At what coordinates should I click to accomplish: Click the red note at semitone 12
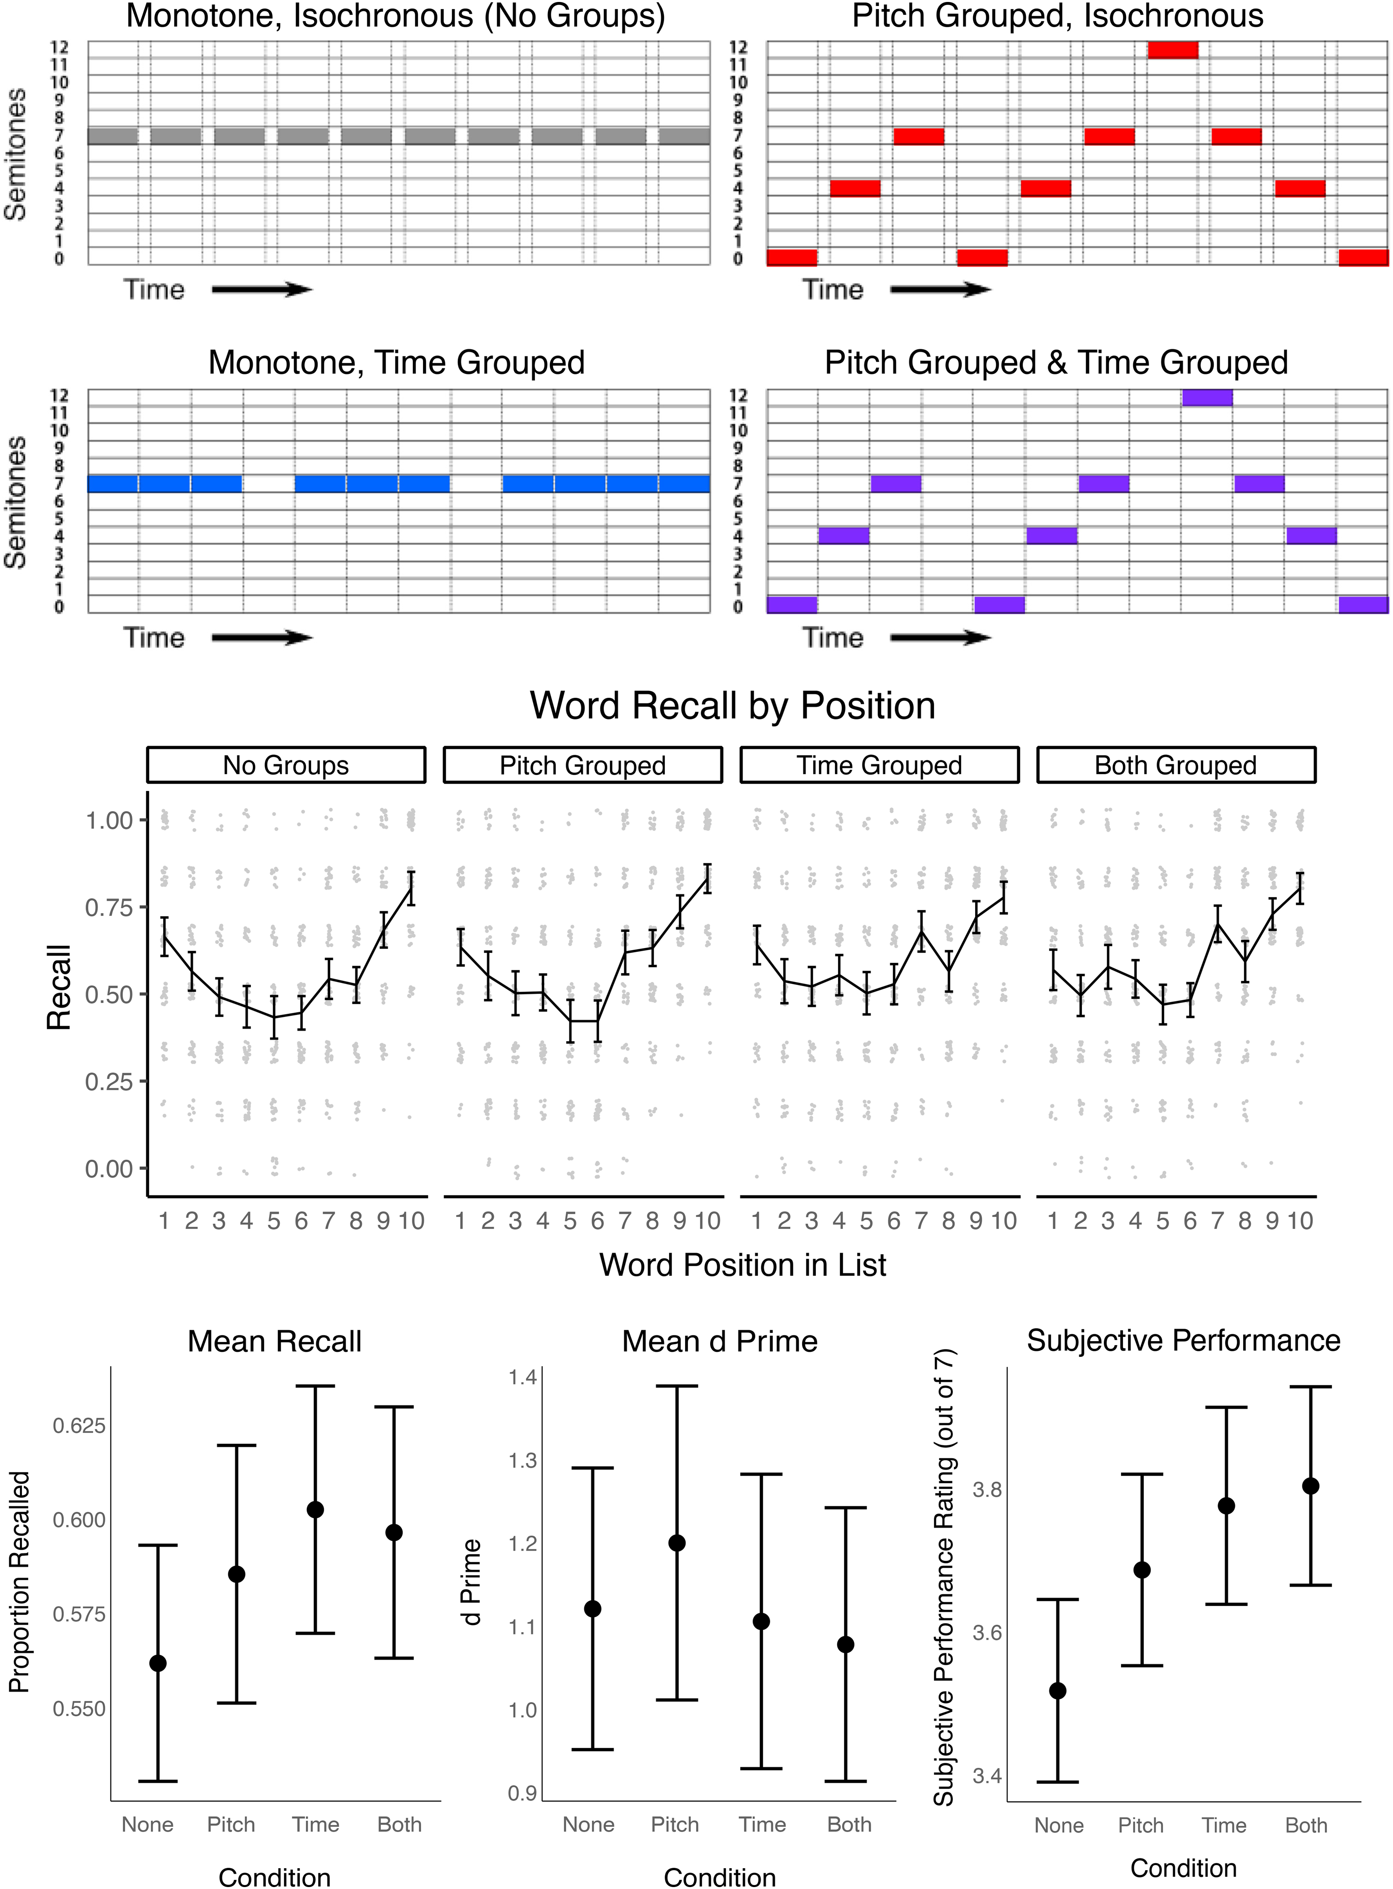coord(1173,50)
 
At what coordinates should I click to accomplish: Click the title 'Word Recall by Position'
coord(733,705)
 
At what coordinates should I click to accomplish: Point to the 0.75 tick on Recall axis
coord(109,908)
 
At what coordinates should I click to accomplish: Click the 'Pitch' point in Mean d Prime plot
coord(676,1543)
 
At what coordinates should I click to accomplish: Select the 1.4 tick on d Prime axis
coord(523,1378)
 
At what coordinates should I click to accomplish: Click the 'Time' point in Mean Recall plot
coord(315,1509)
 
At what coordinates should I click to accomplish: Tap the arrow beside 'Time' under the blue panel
coord(262,638)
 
